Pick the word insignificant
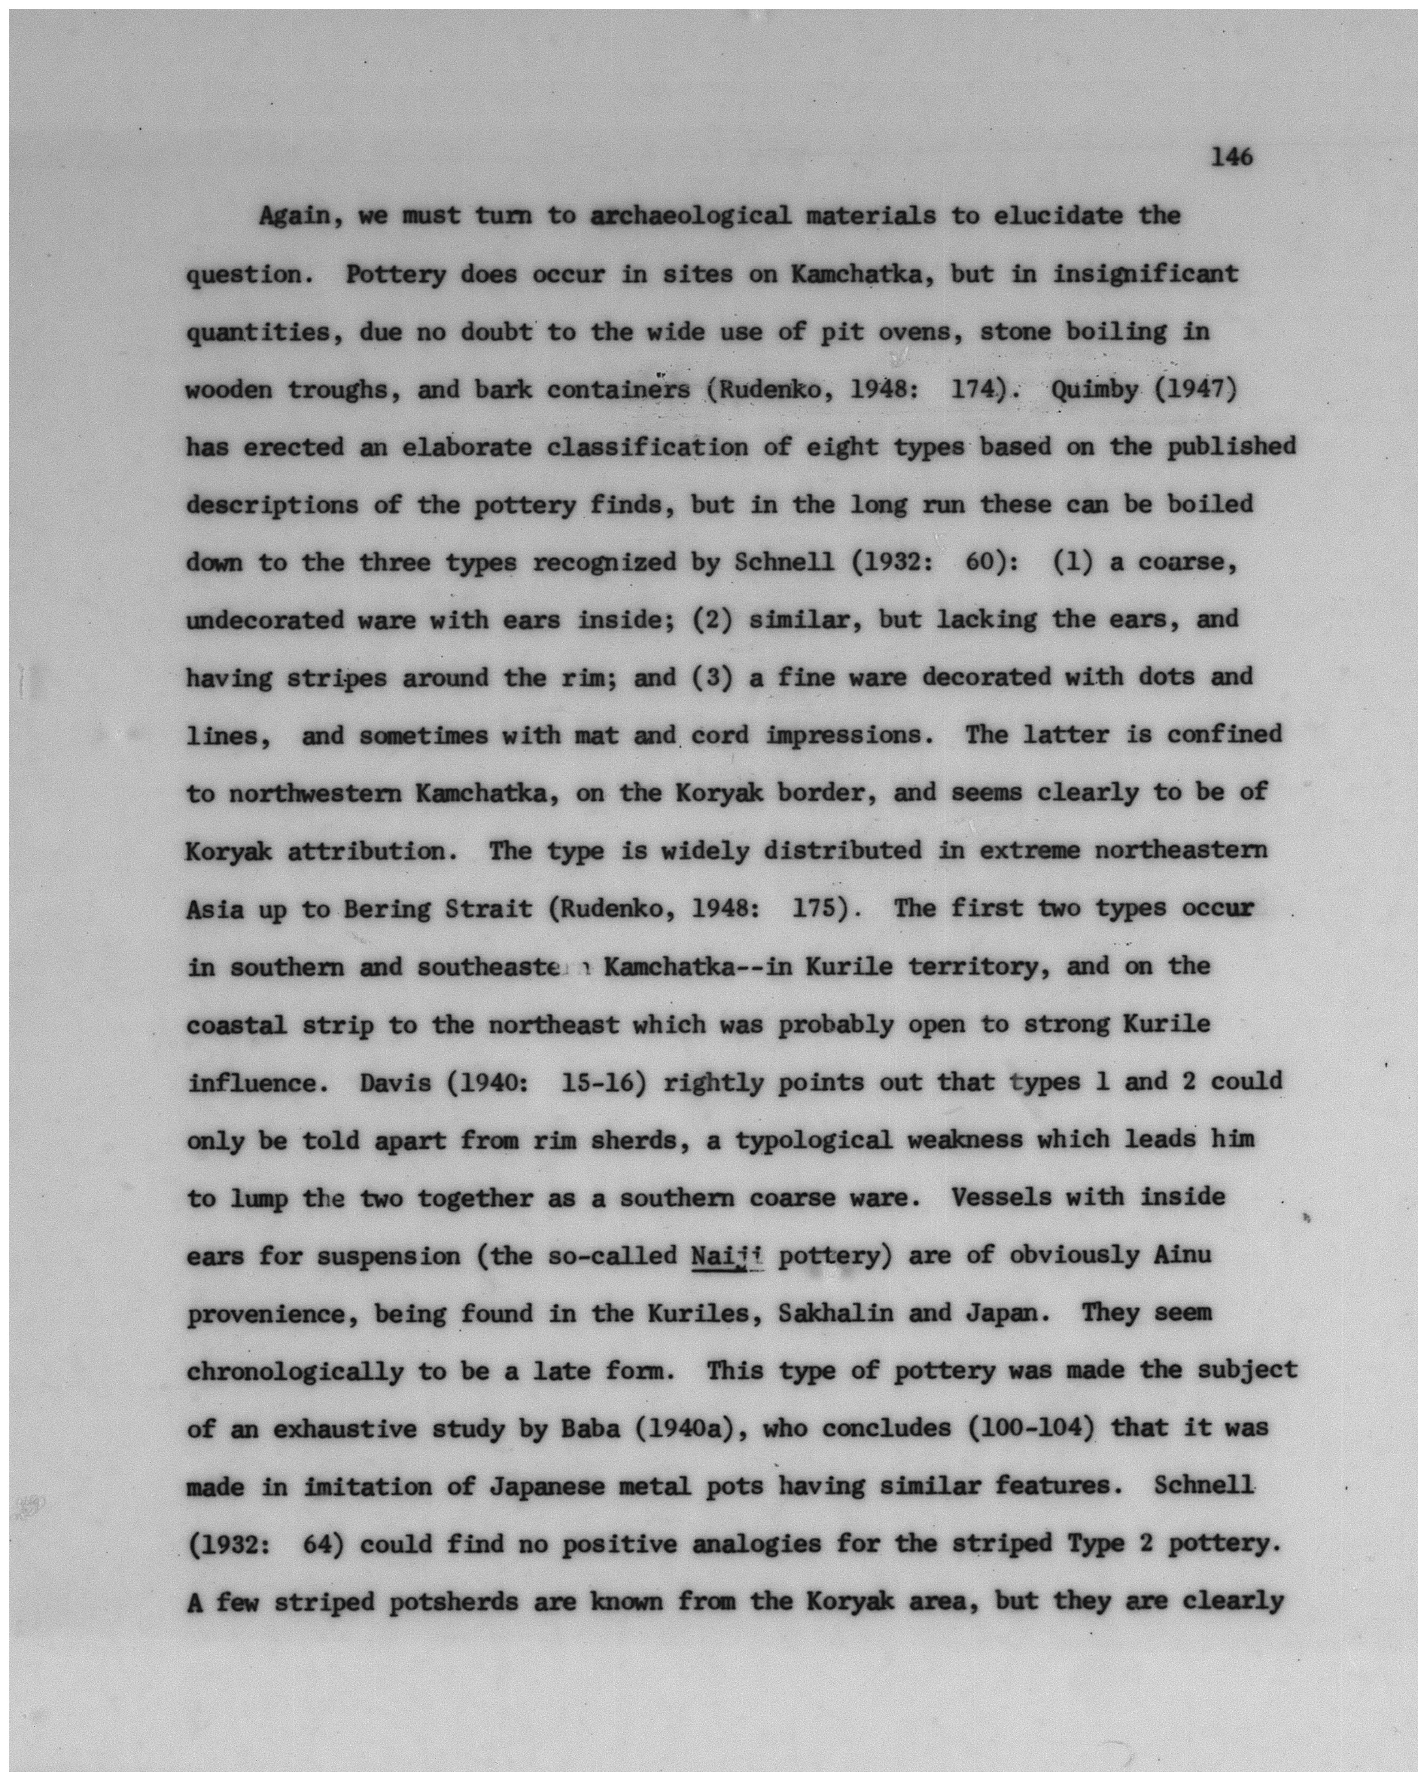pyautogui.click(x=1145, y=274)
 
